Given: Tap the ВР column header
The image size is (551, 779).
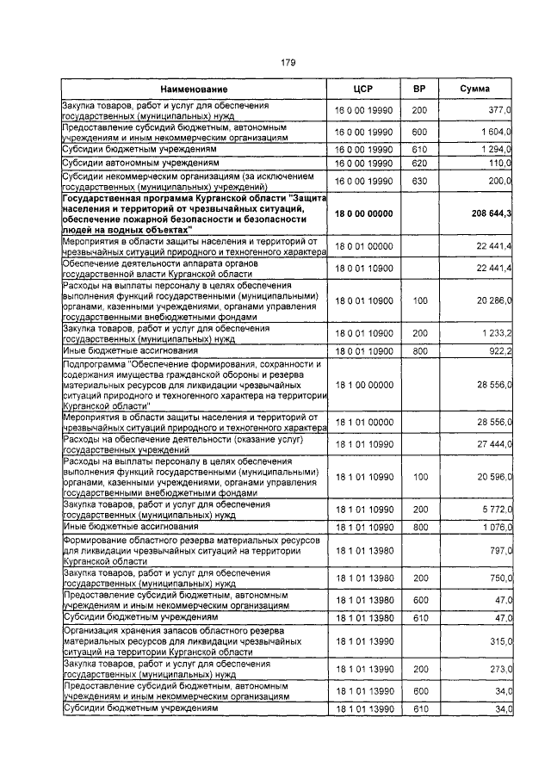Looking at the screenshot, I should [x=419, y=90].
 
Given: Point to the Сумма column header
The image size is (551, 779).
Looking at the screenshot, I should [x=475, y=90].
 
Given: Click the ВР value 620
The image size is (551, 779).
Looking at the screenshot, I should [x=419, y=163].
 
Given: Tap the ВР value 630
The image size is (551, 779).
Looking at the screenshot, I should [x=419, y=181].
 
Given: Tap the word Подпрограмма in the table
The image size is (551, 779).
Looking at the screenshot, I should [x=94, y=364].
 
